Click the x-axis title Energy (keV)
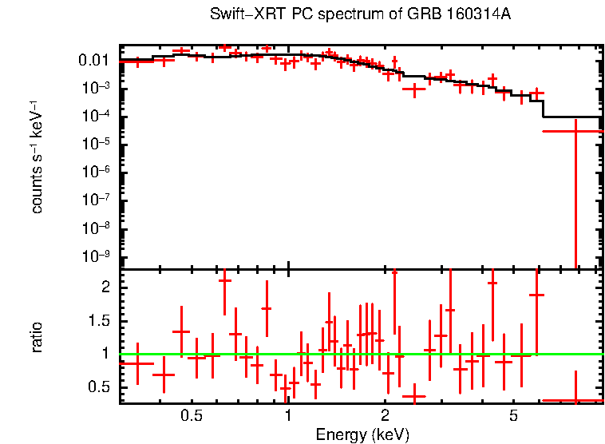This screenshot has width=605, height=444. (362, 434)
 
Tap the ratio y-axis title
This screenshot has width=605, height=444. (38, 336)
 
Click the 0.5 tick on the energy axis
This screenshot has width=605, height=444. (191, 415)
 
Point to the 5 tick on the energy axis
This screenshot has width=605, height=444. (513, 415)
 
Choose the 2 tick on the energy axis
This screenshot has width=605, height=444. (385, 415)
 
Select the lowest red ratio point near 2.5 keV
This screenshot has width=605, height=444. (413, 396)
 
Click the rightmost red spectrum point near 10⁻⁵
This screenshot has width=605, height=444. (575, 130)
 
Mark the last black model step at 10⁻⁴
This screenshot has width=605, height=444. (572, 117)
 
